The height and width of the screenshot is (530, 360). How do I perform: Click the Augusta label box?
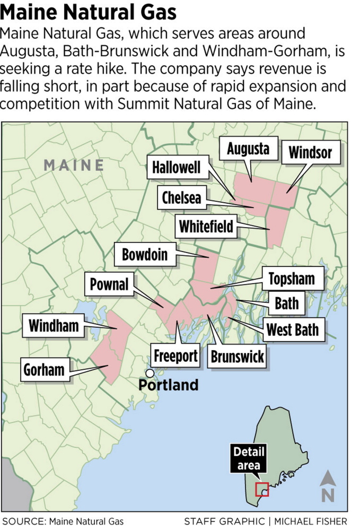[x=248, y=149]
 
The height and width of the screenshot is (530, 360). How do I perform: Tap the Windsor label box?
[x=310, y=153]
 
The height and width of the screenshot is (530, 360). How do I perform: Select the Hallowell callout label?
[x=177, y=168]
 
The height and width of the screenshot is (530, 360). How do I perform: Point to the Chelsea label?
[x=181, y=198]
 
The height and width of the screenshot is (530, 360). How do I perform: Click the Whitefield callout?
[x=206, y=227]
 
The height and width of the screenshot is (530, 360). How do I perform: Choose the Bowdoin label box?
[x=144, y=255]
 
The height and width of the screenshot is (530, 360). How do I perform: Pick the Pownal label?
[x=109, y=284]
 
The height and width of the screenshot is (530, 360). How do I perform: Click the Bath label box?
[x=286, y=303]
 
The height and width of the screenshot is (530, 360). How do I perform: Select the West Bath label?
[x=292, y=329]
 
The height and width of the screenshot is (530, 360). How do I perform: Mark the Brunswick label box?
[x=237, y=357]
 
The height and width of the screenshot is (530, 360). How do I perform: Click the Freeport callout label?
[x=175, y=356]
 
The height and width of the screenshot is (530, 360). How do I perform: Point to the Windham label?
[x=53, y=325]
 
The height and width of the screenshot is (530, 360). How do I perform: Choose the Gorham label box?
[x=43, y=369]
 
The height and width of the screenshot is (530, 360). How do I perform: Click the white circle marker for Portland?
[x=150, y=373]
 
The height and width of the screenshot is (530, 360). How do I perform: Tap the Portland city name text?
[x=168, y=385]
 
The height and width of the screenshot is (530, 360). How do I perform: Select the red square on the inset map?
[x=262, y=489]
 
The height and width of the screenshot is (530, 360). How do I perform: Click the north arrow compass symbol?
[x=328, y=486]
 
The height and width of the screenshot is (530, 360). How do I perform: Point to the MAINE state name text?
[x=74, y=165]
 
